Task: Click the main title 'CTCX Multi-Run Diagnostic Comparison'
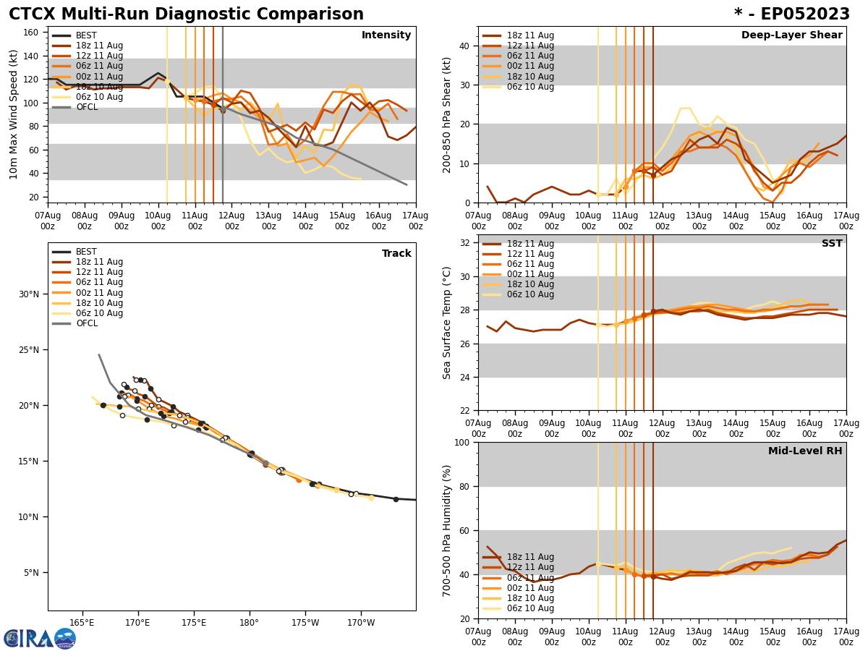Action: point(186,14)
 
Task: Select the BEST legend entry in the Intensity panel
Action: point(86,35)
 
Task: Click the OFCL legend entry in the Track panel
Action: point(86,323)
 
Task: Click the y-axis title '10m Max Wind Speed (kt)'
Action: point(14,114)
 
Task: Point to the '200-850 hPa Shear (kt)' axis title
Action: point(447,114)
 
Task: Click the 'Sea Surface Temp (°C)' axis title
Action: point(447,323)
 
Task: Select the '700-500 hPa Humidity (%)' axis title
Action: point(447,530)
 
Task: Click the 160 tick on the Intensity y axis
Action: point(32,32)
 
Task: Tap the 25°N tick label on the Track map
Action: point(30,349)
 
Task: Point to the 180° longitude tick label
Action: point(250,622)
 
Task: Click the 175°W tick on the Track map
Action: point(305,622)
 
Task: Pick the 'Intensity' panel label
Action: point(386,35)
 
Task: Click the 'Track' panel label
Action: point(396,254)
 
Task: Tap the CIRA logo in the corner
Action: point(40,638)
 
